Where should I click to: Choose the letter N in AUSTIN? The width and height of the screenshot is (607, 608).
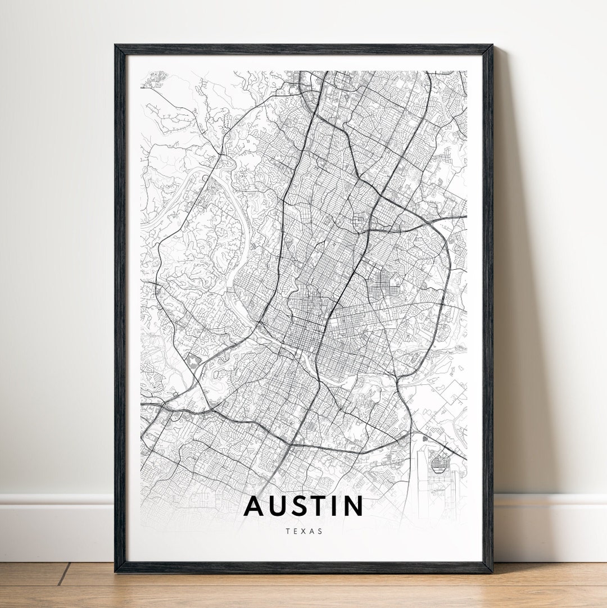coord(354,506)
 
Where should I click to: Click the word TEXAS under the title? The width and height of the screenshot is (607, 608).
coord(303,531)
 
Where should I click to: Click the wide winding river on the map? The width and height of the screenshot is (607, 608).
coord(185,191)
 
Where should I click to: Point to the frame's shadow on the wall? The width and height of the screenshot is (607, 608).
coord(509,281)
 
